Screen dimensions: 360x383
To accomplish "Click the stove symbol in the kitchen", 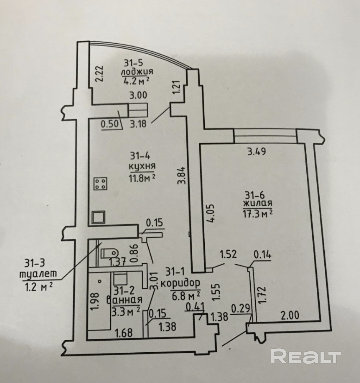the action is [x=101, y=184].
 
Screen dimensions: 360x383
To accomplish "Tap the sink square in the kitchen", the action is [x=99, y=218].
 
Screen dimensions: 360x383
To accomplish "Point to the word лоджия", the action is [x=137, y=72].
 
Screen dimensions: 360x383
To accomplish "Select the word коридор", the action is [x=181, y=283].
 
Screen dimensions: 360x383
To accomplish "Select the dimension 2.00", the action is [x=290, y=315].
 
